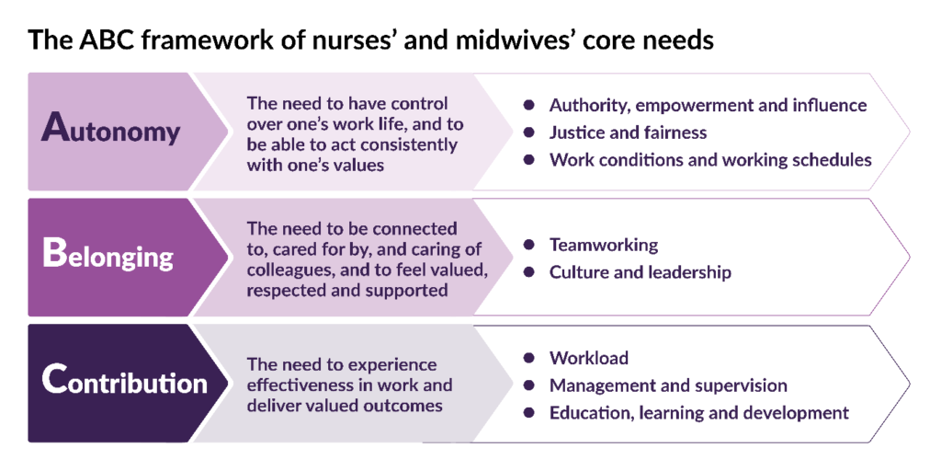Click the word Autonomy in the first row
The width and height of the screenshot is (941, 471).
tap(110, 129)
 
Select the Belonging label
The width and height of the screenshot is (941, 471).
tap(108, 256)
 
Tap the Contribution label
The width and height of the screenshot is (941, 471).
tap(124, 381)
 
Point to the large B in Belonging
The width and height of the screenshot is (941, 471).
tap(52, 254)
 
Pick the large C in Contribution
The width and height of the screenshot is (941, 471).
tap(52, 380)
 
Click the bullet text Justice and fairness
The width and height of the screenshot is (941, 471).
tap(629, 132)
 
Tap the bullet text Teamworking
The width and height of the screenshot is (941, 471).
tap(604, 245)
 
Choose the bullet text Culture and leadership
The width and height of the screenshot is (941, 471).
tap(641, 272)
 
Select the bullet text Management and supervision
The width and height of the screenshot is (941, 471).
tap(669, 385)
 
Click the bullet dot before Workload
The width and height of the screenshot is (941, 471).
tap(528, 358)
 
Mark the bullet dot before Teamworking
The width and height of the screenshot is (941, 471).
tap(528, 245)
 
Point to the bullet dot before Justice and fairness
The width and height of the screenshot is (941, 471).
tap(528, 132)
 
